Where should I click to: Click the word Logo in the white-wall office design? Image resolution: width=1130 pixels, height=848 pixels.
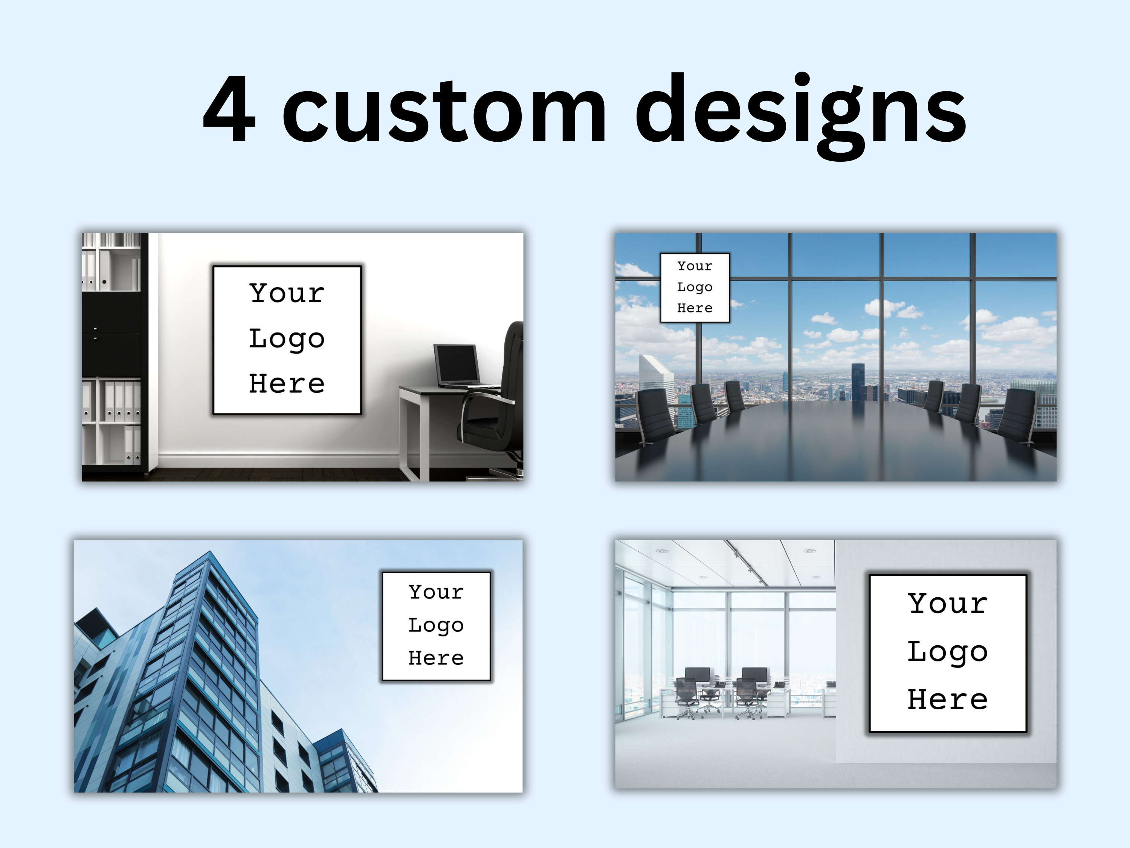pos(287,339)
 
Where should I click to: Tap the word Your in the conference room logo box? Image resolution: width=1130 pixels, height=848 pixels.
pos(694,266)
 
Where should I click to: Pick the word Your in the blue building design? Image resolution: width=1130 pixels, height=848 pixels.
pos(436,592)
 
